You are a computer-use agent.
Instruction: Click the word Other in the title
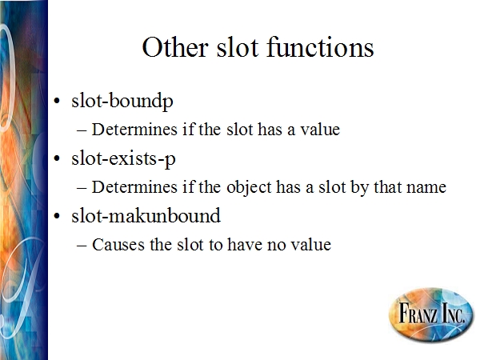pyautogui.click(x=175, y=47)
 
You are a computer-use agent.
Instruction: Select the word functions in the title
pyautogui.click(x=320, y=46)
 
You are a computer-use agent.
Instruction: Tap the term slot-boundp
pyautogui.click(x=122, y=101)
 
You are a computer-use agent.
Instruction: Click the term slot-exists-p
pyautogui.click(x=123, y=158)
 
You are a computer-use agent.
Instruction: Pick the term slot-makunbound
pyautogui.click(x=146, y=215)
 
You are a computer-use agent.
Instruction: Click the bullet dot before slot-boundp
pyautogui.click(x=57, y=101)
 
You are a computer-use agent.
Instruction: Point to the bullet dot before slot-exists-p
pyautogui.click(x=57, y=158)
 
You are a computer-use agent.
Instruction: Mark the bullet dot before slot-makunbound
pyautogui.click(x=57, y=216)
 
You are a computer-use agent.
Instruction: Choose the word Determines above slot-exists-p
pyautogui.click(x=134, y=129)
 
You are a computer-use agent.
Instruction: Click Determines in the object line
pyautogui.click(x=134, y=187)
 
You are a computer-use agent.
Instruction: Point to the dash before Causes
pyautogui.click(x=82, y=246)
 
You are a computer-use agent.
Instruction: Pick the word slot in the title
pyautogui.click(x=238, y=47)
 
